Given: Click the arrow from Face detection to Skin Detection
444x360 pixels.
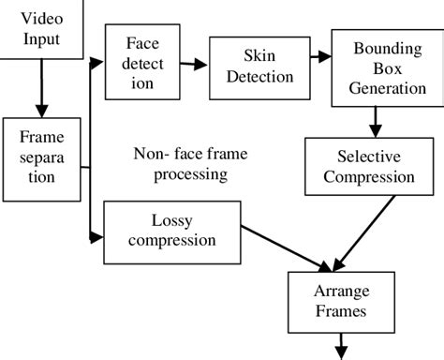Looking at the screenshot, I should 194,65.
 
